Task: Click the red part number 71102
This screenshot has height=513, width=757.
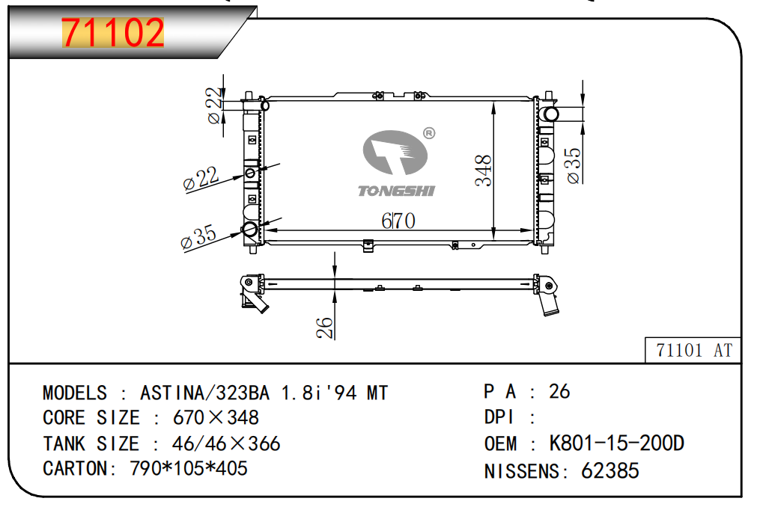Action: coord(113,32)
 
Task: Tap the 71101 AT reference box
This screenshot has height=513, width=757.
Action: coord(693,350)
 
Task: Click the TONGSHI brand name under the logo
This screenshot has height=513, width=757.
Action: coord(396,191)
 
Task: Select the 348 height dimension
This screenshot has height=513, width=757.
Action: coord(483,171)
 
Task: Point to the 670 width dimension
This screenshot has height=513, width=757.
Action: coord(398,221)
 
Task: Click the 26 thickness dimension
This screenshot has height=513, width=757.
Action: coord(325,328)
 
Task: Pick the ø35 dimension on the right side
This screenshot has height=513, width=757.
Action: coord(573,166)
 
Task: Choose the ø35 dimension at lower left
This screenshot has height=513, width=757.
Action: coord(198,237)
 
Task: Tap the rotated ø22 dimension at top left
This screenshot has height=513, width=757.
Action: coord(214,105)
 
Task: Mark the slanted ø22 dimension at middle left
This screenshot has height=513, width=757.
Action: coord(201,179)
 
